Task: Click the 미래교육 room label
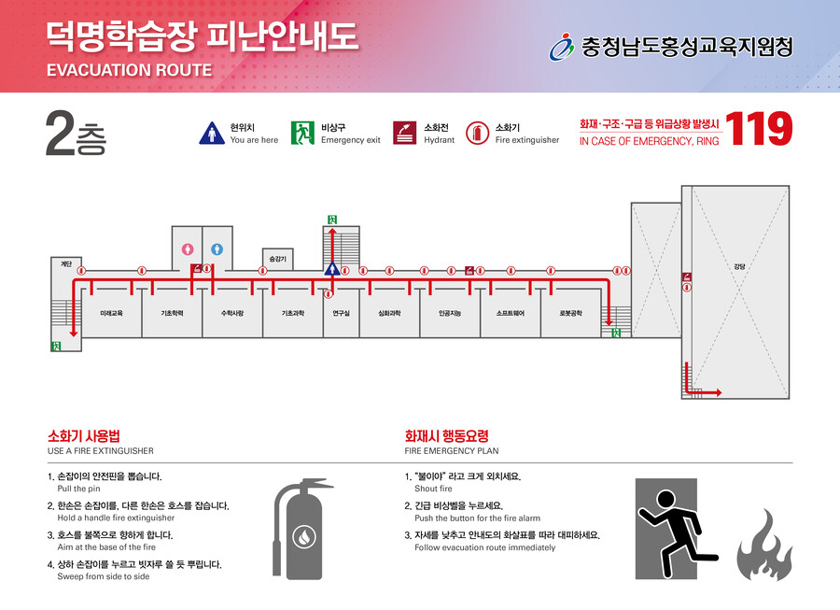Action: pos(111,313)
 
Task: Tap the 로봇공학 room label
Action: pos(571,313)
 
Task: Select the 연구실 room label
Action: pos(342,313)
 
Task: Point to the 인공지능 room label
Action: pos(450,313)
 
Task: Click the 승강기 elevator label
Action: pos(277,259)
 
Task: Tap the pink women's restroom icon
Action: pos(187,249)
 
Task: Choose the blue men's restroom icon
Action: pos(217,249)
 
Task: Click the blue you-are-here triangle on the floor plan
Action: pos(332,268)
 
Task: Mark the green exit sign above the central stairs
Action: pos(332,220)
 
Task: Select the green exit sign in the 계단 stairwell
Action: pos(56,347)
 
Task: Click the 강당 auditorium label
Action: pos(739,266)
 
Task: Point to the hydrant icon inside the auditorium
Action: pos(687,277)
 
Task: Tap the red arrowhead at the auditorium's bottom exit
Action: pos(719,393)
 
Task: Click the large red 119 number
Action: pos(759,129)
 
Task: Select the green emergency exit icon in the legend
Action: pos(302,133)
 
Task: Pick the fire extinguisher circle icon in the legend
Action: pos(477,133)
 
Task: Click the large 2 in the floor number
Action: pos(60,133)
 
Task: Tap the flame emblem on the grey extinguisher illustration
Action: pos(303,536)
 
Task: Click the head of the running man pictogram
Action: pos(665,499)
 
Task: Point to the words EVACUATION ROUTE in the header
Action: pos(129,70)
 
